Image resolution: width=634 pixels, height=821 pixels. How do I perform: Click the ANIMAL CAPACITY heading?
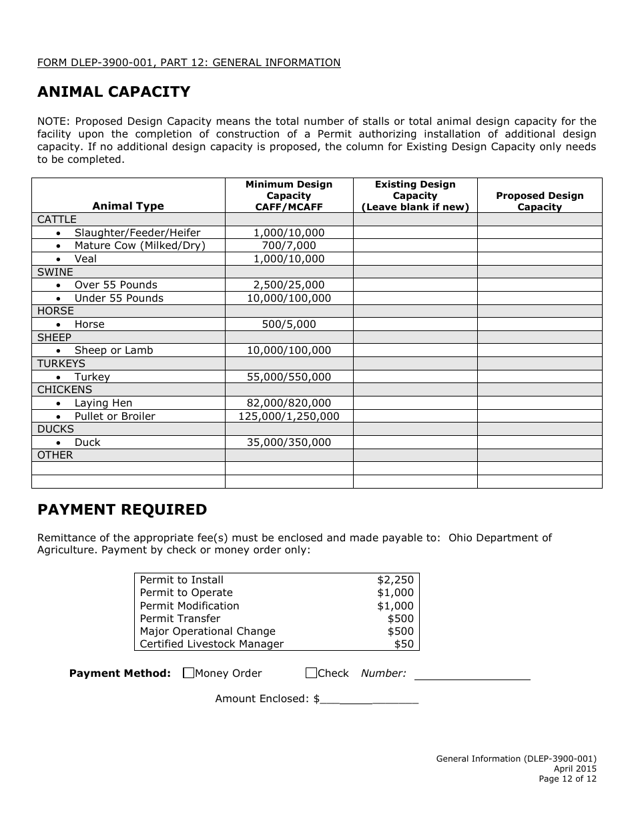pos(113,92)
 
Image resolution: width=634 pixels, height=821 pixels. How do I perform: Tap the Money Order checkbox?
pos(188,673)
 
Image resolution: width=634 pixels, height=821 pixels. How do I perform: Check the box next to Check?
pos(311,673)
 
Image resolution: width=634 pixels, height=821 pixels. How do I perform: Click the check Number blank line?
pos(472,674)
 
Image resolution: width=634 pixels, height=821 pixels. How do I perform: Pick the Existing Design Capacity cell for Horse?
pos(414,324)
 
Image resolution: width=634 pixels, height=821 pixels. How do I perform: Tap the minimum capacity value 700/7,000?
pos(288,246)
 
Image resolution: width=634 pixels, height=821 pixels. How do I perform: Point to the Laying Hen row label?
pos(103,403)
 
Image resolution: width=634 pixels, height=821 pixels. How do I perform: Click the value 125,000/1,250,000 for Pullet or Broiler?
pos(288,417)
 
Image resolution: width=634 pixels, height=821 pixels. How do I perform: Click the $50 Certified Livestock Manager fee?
pos(403,644)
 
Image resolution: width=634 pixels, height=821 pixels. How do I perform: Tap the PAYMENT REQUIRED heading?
pos(122,510)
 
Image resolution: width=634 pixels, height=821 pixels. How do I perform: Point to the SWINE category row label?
pos(55,272)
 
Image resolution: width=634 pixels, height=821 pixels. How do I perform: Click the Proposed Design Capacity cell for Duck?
pos(539,443)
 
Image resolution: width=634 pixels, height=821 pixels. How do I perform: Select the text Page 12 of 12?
pos(567,778)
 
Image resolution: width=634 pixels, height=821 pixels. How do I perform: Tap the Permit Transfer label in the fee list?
pos(180,619)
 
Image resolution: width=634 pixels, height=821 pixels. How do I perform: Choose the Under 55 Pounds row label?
pos(118,298)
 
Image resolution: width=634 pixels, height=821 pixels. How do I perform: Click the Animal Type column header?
pos(127,206)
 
